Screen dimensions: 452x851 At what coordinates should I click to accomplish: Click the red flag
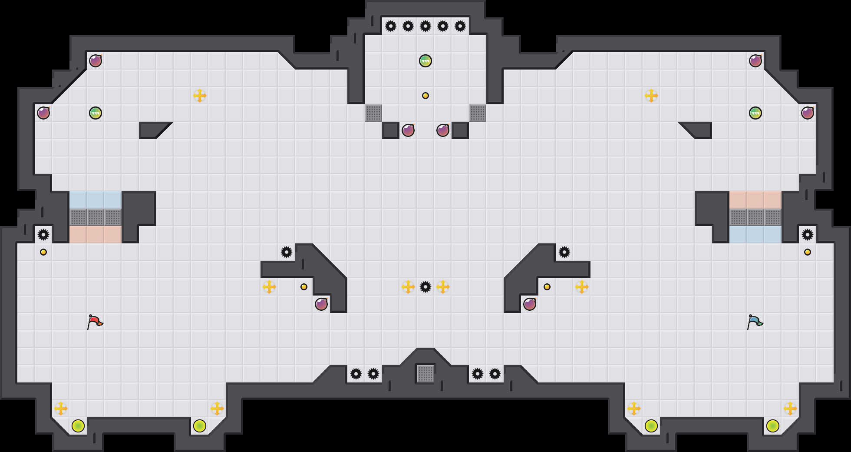(x=95, y=322)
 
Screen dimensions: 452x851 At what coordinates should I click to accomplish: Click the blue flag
(x=755, y=322)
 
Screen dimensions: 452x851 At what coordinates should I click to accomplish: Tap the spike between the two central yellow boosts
(x=425, y=287)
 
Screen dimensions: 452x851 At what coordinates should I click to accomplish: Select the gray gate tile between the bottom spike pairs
(x=425, y=374)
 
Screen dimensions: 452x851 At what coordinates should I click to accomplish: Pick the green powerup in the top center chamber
(x=425, y=61)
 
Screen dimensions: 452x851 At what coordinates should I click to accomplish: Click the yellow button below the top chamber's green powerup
(x=425, y=96)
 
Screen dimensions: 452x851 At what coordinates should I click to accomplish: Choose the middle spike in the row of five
(x=425, y=26)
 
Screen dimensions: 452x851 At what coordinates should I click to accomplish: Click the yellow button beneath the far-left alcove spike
(x=43, y=252)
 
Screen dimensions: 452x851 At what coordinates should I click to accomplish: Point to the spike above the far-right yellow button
(x=808, y=235)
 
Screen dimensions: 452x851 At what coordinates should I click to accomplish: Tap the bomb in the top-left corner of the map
(x=96, y=61)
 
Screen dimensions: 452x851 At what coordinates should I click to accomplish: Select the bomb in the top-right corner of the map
(x=755, y=61)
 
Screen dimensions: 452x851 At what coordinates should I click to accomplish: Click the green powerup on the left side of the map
(x=96, y=113)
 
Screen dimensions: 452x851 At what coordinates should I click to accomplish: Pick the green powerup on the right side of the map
(x=755, y=113)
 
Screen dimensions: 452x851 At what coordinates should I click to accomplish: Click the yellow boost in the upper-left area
(x=200, y=96)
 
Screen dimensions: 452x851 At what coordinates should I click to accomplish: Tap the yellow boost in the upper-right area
(x=651, y=96)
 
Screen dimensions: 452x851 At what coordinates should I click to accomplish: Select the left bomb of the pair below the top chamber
(x=408, y=130)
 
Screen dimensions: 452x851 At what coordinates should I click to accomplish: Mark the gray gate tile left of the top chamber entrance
(x=373, y=113)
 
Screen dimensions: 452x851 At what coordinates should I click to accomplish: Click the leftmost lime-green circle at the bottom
(x=78, y=426)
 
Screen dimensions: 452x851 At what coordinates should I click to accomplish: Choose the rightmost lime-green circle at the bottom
(x=773, y=426)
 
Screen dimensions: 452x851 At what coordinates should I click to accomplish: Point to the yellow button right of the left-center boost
(x=304, y=287)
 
